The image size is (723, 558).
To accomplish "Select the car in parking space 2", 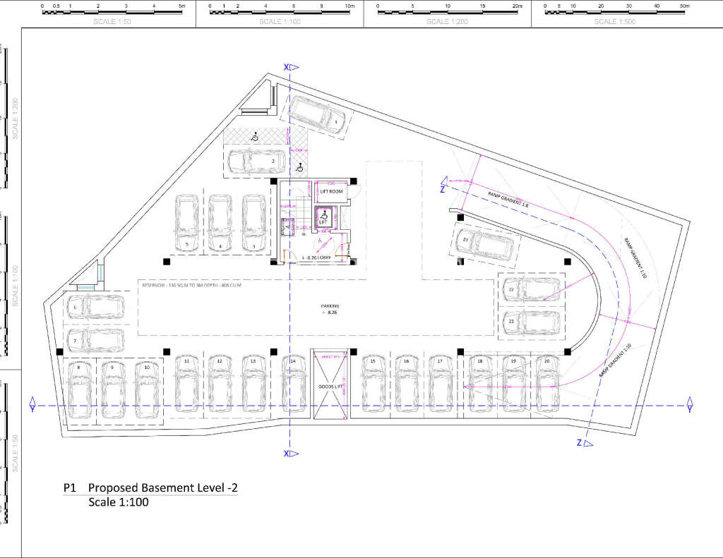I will point(256,162).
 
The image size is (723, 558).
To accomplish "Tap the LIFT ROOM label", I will point(331,192).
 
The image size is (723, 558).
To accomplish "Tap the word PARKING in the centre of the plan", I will point(330,306).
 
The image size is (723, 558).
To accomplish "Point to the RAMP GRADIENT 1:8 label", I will point(508,199).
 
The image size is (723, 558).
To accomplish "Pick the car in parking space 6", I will point(96,307).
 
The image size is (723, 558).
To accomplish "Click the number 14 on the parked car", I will point(293,361).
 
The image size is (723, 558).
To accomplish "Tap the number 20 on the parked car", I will point(546,361).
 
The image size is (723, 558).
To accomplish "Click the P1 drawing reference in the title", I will point(69,488).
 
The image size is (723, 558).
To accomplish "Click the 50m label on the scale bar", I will point(684,5).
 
